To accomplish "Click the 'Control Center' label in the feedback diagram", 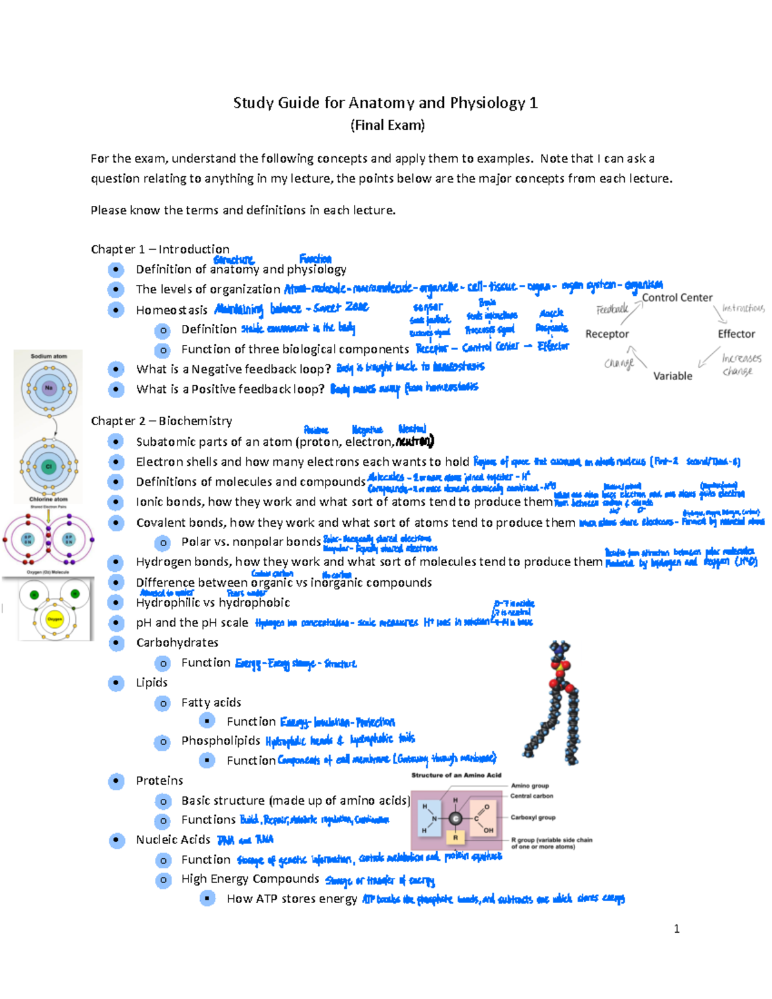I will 677,298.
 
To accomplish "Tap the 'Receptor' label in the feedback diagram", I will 607,334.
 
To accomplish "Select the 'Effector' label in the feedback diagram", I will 736,334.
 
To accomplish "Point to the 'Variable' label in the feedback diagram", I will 672,376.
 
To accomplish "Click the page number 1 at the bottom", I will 676,928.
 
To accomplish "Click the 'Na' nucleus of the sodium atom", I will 49,388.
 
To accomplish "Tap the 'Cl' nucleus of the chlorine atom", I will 49,466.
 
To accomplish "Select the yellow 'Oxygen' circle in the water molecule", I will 55,619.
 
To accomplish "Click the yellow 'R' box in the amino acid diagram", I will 455,838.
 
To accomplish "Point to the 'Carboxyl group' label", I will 533,818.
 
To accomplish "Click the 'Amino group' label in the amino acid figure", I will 529,785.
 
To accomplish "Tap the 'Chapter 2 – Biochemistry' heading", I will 161,421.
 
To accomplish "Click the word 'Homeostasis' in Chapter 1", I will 171,310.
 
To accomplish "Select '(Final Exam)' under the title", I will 387,125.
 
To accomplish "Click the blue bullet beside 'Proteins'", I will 116,781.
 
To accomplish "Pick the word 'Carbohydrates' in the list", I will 177,643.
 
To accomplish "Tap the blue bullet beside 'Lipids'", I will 116,683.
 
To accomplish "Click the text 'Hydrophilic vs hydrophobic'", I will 212,603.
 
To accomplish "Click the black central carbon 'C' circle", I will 455,819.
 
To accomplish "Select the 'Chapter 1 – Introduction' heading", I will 160,249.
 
